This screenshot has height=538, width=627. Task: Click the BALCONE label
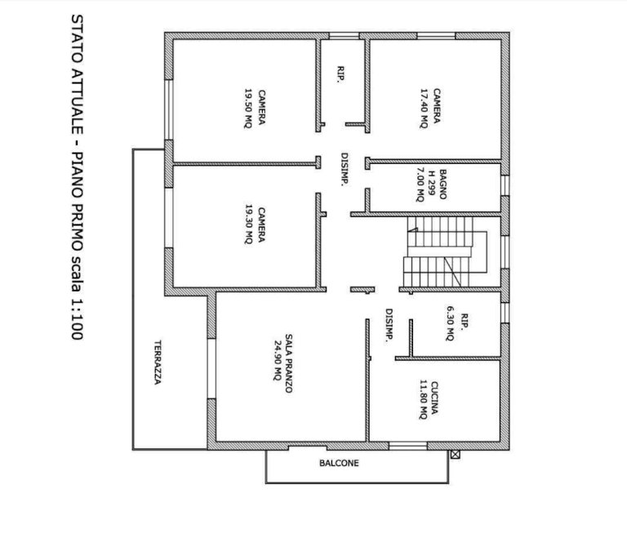(339, 463)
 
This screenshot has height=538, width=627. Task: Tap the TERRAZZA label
(158, 362)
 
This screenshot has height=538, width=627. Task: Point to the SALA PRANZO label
(289, 363)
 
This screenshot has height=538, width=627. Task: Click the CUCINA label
(434, 398)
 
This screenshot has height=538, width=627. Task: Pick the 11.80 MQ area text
(423, 399)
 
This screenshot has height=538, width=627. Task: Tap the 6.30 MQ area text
(451, 323)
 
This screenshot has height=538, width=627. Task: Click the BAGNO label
(442, 185)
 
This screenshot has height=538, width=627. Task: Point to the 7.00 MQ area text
(420, 185)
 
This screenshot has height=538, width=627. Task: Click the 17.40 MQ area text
(424, 108)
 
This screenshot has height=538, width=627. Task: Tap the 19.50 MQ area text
(248, 108)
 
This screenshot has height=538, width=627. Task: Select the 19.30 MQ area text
(248, 225)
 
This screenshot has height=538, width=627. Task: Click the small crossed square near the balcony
(455, 455)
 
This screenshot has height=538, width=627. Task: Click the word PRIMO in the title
(77, 216)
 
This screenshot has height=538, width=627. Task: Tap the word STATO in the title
(77, 38)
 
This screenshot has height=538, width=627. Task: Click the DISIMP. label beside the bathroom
(345, 169)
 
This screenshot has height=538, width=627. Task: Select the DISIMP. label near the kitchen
(389, 326)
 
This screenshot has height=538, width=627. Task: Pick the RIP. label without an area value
(340, 74)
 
